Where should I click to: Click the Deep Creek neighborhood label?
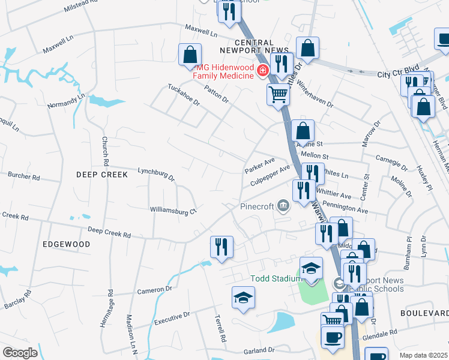click(102, 175)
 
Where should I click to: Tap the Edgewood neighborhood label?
click(67, 244)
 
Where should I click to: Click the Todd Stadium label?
click(274, 278)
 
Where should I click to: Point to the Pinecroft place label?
click(257, 206)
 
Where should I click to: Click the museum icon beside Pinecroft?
click(283, 206)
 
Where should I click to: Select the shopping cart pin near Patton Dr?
click(278, 94)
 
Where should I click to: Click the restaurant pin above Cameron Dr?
click(221, 247)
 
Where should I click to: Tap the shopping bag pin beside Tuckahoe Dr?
click(190, 55)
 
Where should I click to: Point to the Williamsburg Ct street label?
click(173, 211)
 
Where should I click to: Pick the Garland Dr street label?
click(259, 350)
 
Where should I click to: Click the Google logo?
click(19, 353)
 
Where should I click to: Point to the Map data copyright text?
click(423, 355)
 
